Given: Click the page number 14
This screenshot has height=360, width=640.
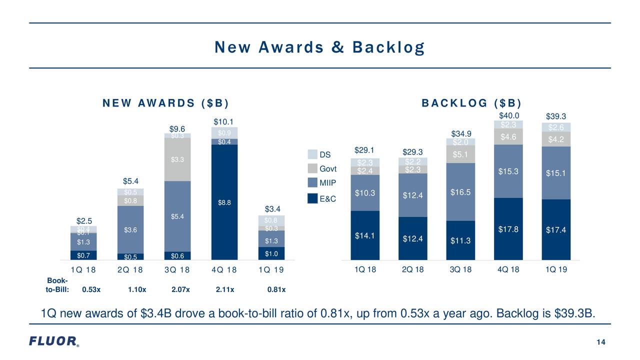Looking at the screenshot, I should point(601,342).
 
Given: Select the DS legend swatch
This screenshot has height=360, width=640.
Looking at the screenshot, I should point(312,154).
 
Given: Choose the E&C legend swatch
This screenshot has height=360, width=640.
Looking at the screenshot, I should point(312,198).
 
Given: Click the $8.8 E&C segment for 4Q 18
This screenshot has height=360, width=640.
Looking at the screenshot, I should point(224,202).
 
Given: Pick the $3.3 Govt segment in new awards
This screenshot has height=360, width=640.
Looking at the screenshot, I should point(177,159).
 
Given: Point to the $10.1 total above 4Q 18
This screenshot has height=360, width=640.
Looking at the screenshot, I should point(224,122).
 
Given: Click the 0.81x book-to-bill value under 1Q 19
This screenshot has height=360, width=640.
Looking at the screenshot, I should point(277,289).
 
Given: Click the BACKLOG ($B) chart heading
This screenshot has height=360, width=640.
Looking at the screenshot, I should point(471,103).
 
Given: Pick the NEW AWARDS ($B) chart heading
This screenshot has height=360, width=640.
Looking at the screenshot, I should point(165,103).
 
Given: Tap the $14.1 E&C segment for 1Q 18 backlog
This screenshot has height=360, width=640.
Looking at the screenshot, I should point(364,235).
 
